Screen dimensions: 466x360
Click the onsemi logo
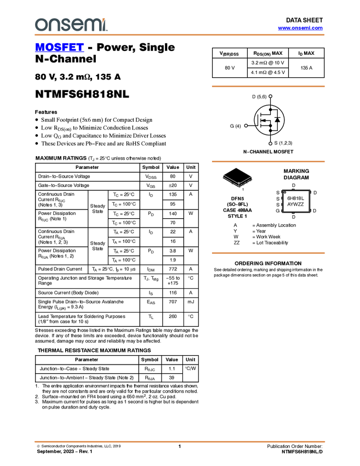pos(71,25)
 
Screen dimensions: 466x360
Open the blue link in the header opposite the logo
pos(300,28)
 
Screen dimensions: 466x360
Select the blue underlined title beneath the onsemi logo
pos(59,48)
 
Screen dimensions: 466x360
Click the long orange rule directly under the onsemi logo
pos(179,35)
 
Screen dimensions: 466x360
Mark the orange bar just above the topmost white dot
pos(268,86)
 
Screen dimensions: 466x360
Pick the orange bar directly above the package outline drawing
pos(268,161)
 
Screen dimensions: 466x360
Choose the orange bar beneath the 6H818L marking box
pos(268,253)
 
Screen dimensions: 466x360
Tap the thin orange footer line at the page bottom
pos(179,441)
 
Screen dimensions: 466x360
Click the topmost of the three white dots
pos(271,96)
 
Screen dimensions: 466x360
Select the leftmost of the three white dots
pos(246,126)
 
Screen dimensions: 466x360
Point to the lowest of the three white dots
pos(271,143)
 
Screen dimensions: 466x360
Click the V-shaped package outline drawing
pos(238,181)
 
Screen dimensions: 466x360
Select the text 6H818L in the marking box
pos(295,198)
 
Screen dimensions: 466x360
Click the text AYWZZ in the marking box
pos(295,204)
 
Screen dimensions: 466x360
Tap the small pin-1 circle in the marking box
pos(284,192)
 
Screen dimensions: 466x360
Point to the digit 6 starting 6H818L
pos(289,198)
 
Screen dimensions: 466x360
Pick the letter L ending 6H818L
pos(302,198)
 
